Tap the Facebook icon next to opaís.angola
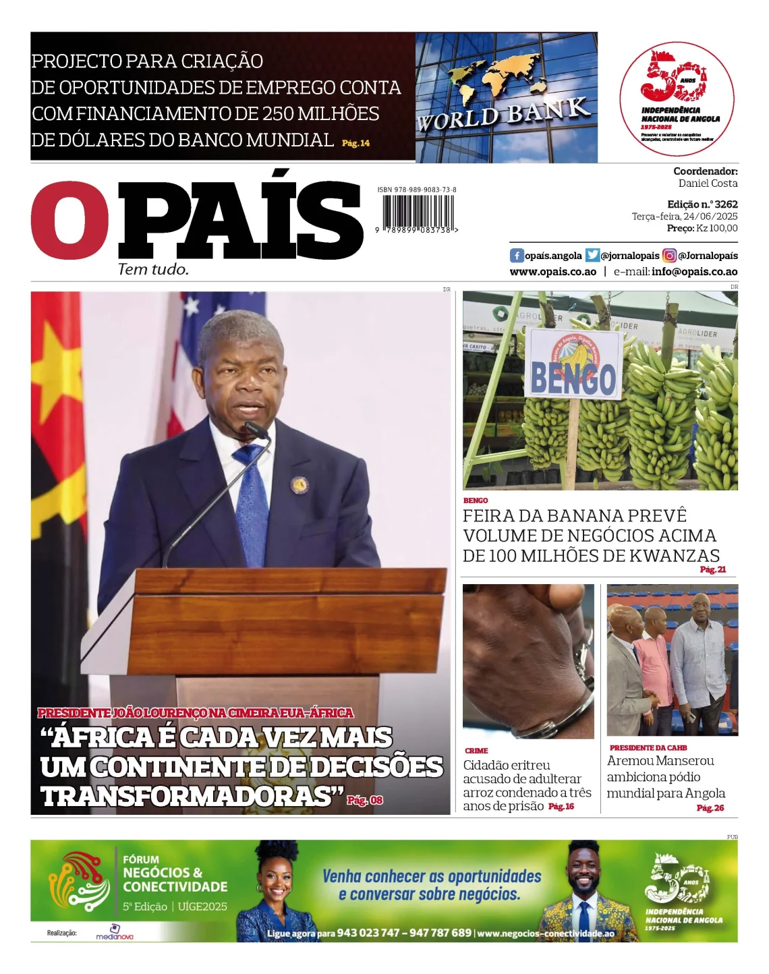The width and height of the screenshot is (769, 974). pyautogui.click(x=517, y=256)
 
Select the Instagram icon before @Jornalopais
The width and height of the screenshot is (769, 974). pyautogui.click(x=669, y=256)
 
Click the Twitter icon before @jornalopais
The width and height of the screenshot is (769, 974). pyautogui.click(x=592, y=256)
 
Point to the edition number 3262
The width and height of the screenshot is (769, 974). pyautogui.click(x=726, y=204)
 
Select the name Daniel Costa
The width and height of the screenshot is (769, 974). pyautogui.click(x=708, y=183)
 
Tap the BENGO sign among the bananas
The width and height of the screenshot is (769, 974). pyautogui.click(x=573, y=365)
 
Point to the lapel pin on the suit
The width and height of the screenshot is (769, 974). pyautogui.click(x=299, y=484)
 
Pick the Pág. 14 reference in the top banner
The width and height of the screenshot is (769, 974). pyautogui.click(x=355, y=144)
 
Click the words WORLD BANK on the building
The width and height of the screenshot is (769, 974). pyautogui.click(x=503, y=114)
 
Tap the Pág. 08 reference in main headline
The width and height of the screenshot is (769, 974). pyautogui.click(x=365, y=800)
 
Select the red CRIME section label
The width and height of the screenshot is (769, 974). pyautogui.click(x=476, y=751)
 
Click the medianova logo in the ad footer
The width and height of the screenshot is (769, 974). pyautogui.click(x=114, y=934)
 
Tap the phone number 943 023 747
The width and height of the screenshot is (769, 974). pyautogui.click(x=368, y=933)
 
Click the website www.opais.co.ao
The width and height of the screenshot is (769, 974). pyautogui.click(x=552, y=272)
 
